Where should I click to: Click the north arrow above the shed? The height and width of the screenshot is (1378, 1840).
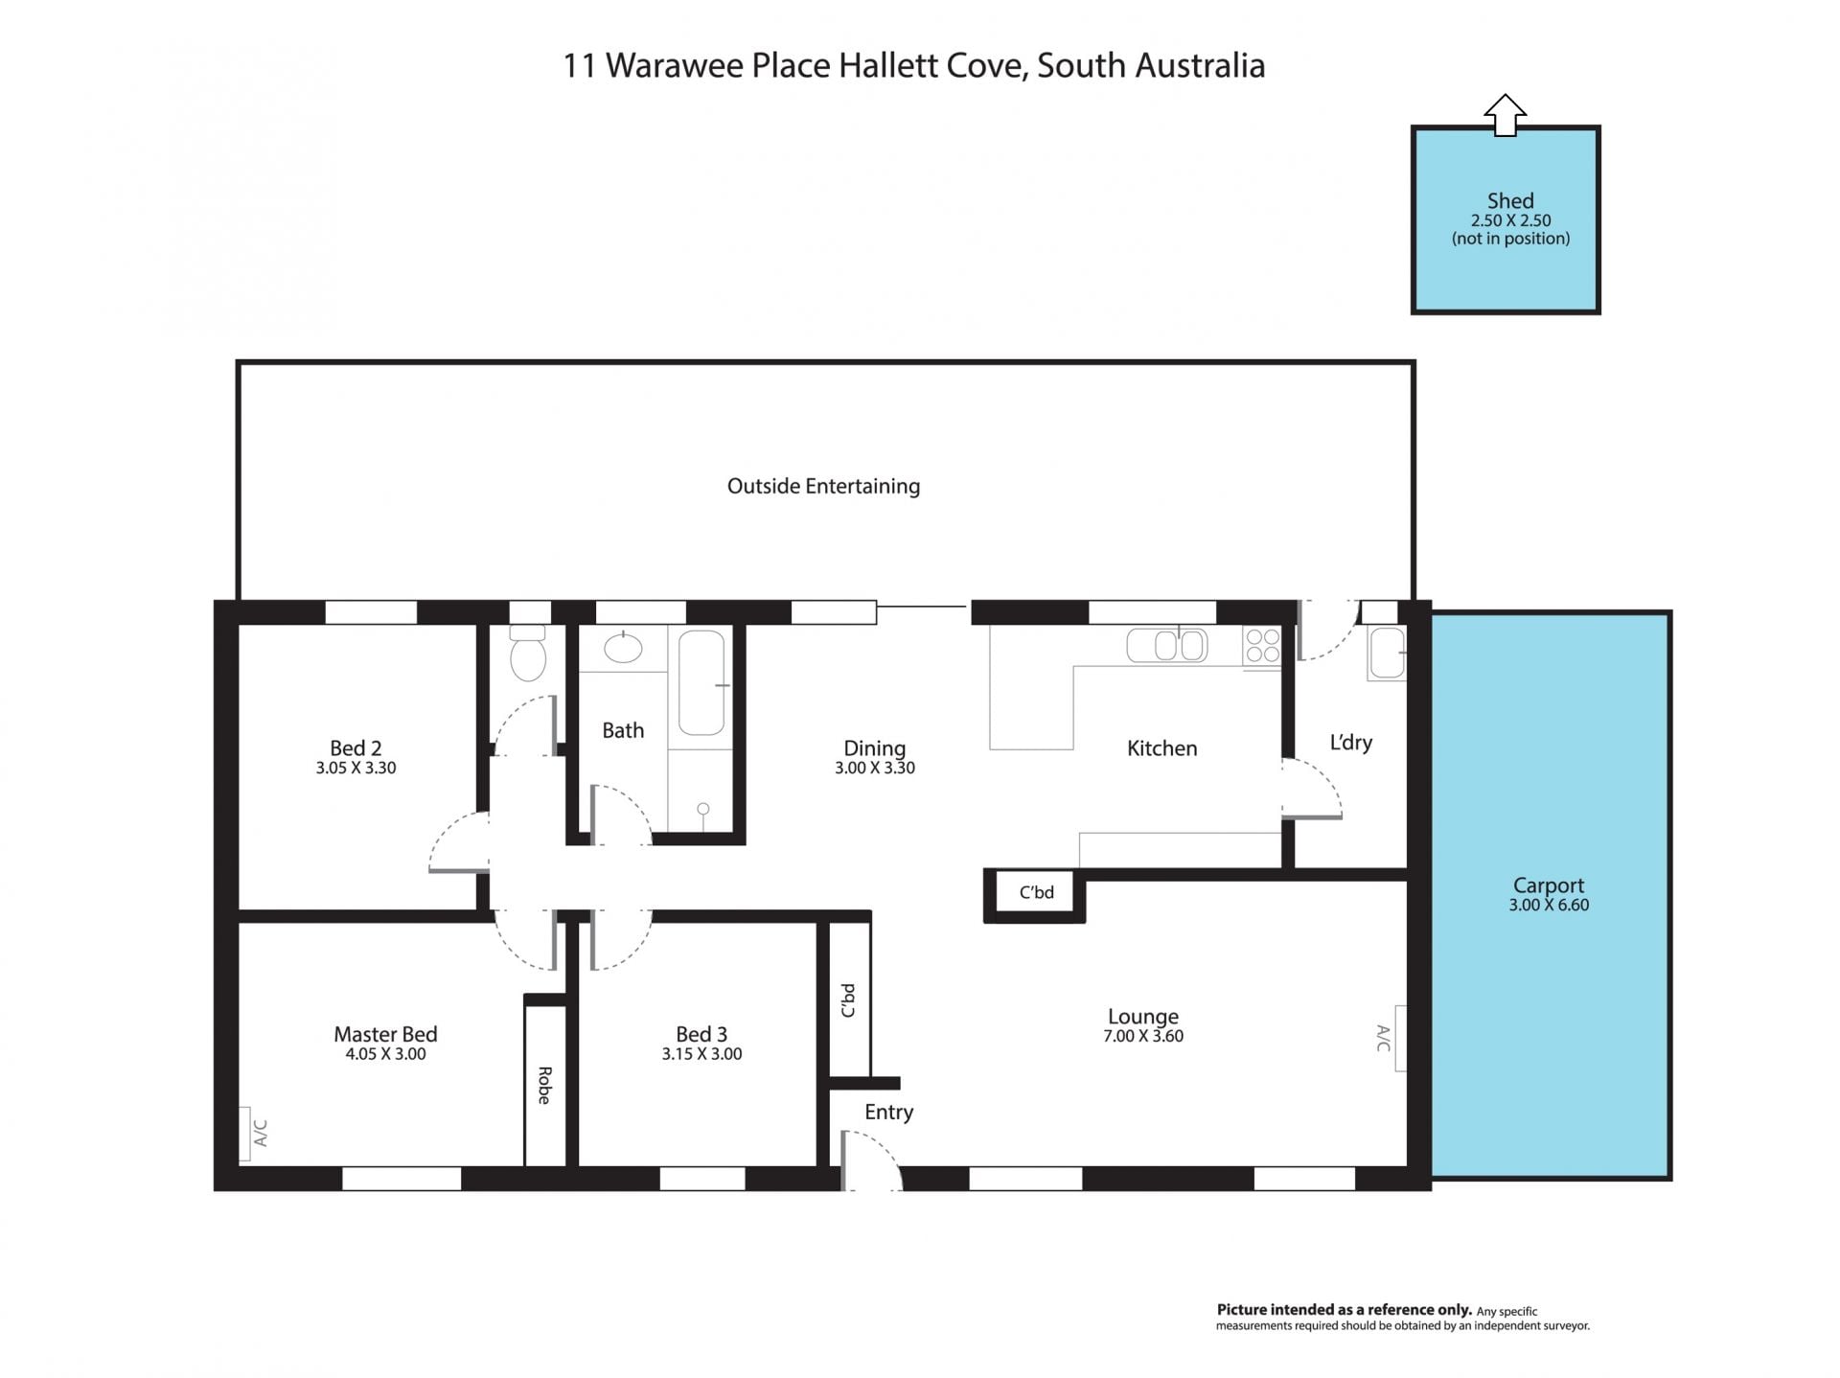point(1505,115)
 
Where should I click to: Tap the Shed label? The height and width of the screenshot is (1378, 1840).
point(1510,200)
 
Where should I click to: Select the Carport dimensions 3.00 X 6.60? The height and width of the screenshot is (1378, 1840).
point(1549,905)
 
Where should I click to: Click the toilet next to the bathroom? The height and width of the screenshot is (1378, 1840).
point(528,654)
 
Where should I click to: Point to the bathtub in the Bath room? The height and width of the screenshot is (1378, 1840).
point(701,682)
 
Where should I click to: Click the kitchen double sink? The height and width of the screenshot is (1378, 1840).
point(1167,645)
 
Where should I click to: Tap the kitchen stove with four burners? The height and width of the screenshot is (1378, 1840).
point(1262,645)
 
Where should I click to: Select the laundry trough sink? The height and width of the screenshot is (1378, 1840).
point(1387,653)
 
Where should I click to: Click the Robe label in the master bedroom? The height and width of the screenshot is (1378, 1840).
point(544,1085)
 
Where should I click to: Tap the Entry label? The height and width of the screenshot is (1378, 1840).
point(888,1113)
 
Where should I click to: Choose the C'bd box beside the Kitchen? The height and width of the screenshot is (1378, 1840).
point(1035,893)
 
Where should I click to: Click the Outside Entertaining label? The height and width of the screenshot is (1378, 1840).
point(823,486)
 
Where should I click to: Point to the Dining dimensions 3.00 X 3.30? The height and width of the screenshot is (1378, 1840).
point(875,768)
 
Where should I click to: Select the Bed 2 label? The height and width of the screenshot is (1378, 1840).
point(356,747)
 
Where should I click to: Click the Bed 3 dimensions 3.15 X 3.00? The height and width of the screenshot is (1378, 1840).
point(701,1054)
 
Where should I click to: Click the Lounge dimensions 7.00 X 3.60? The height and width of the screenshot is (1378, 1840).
point(1143,1036)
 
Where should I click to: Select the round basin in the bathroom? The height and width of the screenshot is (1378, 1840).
point(624,649)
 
